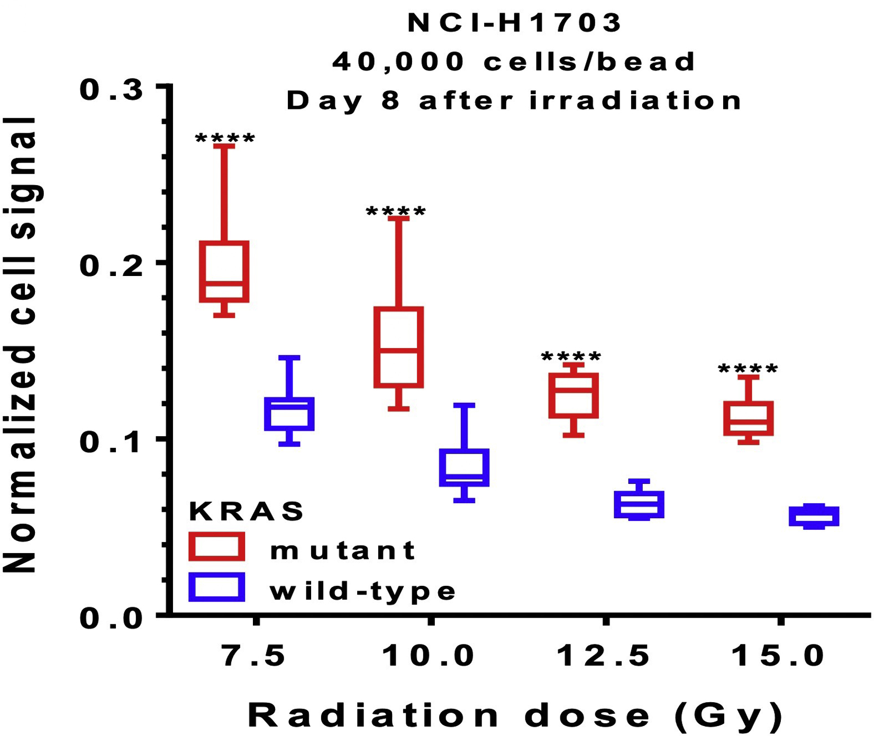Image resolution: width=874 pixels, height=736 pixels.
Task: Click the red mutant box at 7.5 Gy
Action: click(x=224, y=271)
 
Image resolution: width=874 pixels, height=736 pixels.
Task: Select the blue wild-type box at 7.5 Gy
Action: click(x=289, y=413)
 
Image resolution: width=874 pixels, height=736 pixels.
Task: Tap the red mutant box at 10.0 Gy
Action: click(x=398, y=347)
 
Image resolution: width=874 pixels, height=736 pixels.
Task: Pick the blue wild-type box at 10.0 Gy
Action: click(x=464, y=467)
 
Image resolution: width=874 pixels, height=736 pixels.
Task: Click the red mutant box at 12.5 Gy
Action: click(x=573, y=395)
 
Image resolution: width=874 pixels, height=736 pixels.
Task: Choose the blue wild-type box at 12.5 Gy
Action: click(x=639, y=504)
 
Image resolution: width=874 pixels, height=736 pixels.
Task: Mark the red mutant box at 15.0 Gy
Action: click(x=749, y=418)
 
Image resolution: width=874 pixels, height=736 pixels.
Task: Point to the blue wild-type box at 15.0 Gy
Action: click(x=814, y=516)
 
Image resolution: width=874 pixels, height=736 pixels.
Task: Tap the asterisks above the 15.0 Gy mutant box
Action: click(x=748, y=370)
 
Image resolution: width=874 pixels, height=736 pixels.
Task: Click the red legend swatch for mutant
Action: click(x=217, y=547)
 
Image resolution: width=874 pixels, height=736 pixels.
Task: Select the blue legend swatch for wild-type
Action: click(x=217, y=587)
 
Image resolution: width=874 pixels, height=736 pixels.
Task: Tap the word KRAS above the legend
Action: click(x=247, y=511)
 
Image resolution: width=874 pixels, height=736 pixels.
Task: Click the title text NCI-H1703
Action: click(x=515, y=23)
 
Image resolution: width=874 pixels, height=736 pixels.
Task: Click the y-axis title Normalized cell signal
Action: click(x=21, y=345)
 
